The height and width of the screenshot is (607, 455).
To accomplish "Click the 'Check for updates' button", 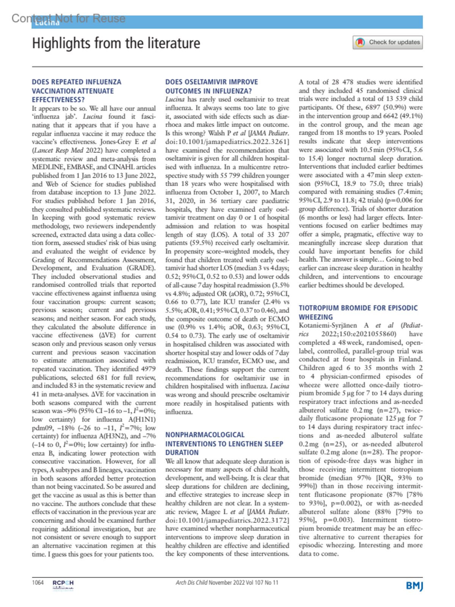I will [388, 42].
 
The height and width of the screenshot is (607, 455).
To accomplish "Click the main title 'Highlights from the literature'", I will [116, 43].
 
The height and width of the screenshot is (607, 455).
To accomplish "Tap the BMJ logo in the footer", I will [414, 586].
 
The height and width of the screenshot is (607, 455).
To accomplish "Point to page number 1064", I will [38, 582].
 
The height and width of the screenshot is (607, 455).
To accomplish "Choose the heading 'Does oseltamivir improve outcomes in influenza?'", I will [212, 86].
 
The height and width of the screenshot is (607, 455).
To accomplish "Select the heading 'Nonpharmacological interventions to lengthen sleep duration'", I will [224, 444].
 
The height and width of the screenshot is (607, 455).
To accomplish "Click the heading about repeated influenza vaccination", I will [77, 91].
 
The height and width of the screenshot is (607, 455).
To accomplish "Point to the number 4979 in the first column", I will [148, 369].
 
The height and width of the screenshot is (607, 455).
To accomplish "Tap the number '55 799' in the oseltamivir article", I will [223, 176].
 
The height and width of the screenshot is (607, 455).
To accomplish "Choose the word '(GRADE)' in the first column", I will [141, 268].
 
